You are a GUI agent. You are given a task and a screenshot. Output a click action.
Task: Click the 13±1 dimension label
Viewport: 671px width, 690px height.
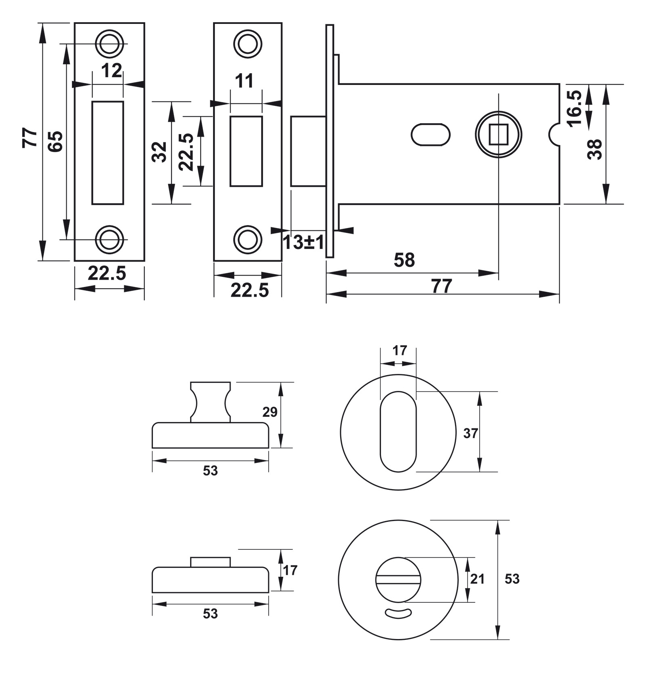pyautogui.click(x=303, y=243)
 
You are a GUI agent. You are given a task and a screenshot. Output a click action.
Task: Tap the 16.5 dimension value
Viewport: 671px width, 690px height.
pyautogui.click(x=574, y=108)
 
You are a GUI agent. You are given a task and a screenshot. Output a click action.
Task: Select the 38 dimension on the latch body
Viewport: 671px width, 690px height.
pyautogui.click(x=595, y=149)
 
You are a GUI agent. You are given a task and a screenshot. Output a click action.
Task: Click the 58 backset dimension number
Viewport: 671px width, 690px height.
pyautogui.click(x=404, y=260)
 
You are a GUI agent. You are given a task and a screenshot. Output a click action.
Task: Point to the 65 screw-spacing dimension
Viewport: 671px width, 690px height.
pyautogui.click(x=55, y=141)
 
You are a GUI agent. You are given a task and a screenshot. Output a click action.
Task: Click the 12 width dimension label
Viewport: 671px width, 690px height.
pyautogui.click(x=111, y=71)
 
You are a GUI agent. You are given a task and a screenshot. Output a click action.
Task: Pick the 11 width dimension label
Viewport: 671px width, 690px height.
pyautogui.click(x=244, y=81)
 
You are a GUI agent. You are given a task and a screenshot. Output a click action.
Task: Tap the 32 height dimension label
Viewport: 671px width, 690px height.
pyautogui.click(x=160, y=152)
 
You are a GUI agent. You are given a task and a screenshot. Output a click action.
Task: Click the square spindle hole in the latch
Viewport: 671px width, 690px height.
pyautogui.click(x=498, y=135)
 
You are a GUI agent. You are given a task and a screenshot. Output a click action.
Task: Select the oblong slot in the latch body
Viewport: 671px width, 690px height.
pyautogui.click(x=430, y=135)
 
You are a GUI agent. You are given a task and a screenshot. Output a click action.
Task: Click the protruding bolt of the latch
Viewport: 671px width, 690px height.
pyautogui.click(x=308, y=151)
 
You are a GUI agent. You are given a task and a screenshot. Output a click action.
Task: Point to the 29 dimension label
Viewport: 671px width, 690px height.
pyautogui.click(x=270, y=412)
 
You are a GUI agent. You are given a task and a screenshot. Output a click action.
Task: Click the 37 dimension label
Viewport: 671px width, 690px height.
pyautogui.click(x=470, y=434)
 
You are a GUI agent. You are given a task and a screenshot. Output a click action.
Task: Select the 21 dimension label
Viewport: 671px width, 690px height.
pyautogui.click(x=477, y=579)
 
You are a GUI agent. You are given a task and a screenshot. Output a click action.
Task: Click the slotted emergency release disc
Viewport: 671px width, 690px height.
pyautogui.click(x=398, y=579)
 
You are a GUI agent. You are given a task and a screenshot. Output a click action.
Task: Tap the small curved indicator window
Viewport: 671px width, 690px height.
pyautogui.click(x=398, y=614)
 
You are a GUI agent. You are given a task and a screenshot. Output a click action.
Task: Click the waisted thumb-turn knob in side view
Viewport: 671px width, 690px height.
pyautogui.click(x=210, y=402)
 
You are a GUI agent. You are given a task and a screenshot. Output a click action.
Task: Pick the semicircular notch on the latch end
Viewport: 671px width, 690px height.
pyautogui.click(x=554, y=135)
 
